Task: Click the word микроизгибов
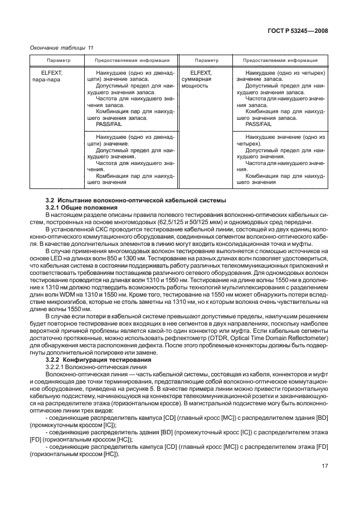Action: (x=59, y=309)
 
